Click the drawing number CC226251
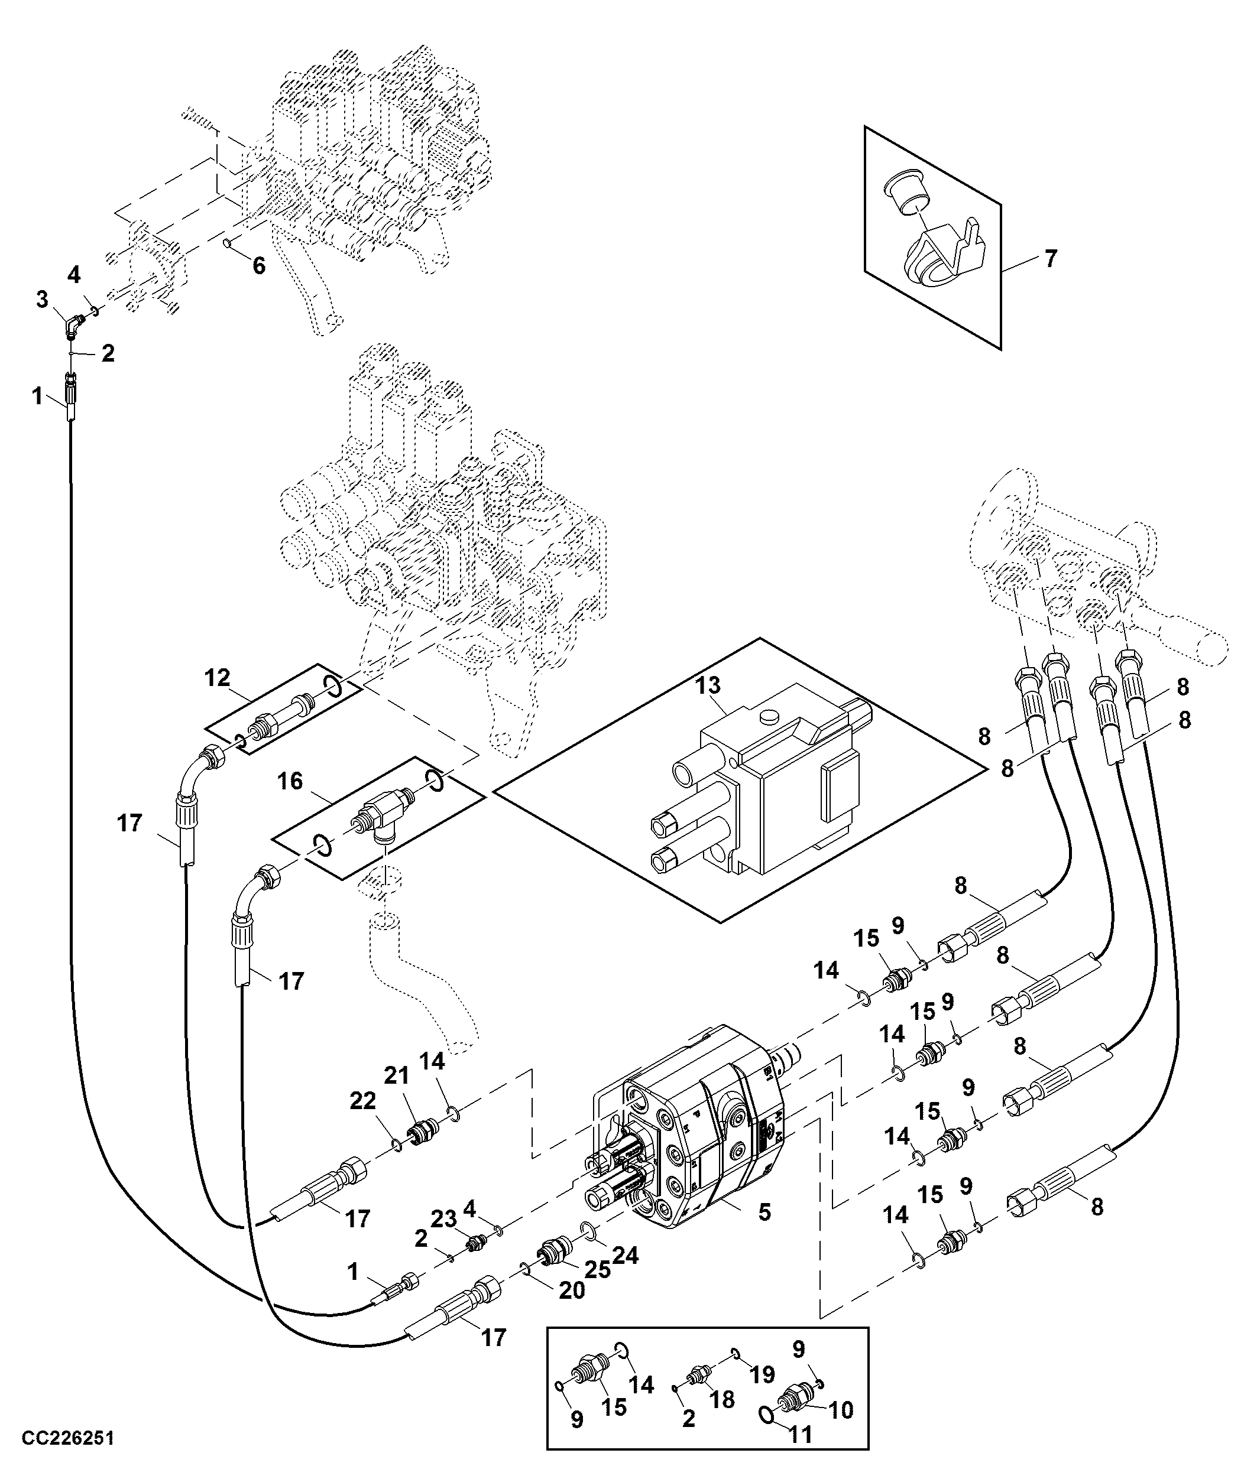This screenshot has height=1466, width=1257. pyautogui.click(x=68, y=1438)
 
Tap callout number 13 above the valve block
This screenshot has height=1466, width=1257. pyautogui.click(x=707, y=685)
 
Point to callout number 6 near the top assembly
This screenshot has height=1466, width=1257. pyautogui.click(x=259, y=266)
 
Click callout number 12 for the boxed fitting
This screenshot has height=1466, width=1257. pyautogui.click(x=218, y=678)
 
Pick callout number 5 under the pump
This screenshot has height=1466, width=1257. pyautogui.click(x=764, y=1212)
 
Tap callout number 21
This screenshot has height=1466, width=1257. pyautogui.click(x=397, y=1075)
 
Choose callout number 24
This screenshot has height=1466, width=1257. pyautogui.click(x=625, y=1256)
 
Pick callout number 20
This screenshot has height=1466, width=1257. pyautogui.click(x=572, y=1291)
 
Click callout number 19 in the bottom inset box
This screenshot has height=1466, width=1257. pyautogui.click(x=762, y=1375)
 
